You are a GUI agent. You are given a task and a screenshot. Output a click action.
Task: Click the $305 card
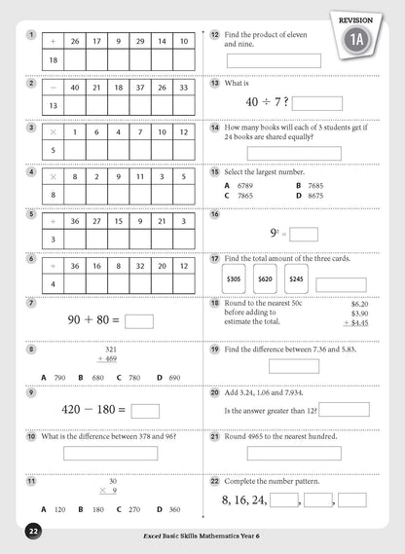pyautogui.click(x=234, y=279)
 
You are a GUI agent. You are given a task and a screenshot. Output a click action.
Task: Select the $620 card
pyautogui.click(x=265, y=279)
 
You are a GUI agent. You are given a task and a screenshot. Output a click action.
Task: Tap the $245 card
pyautogui.click(x=296, y=279)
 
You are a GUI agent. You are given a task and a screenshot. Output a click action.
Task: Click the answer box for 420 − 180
pyautogui.click(x=145, y=410)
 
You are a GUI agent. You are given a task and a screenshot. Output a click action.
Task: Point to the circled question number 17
pyautogui.click(x=214, y=259)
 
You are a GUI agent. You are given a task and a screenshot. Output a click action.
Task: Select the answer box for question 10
pyautogui.click(x=110, y=452)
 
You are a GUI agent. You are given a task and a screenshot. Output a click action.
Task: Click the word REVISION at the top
pyautogui.click(x=356, y=18)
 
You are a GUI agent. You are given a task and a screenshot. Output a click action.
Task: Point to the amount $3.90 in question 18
pyautogui.click(x=358, y=312)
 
